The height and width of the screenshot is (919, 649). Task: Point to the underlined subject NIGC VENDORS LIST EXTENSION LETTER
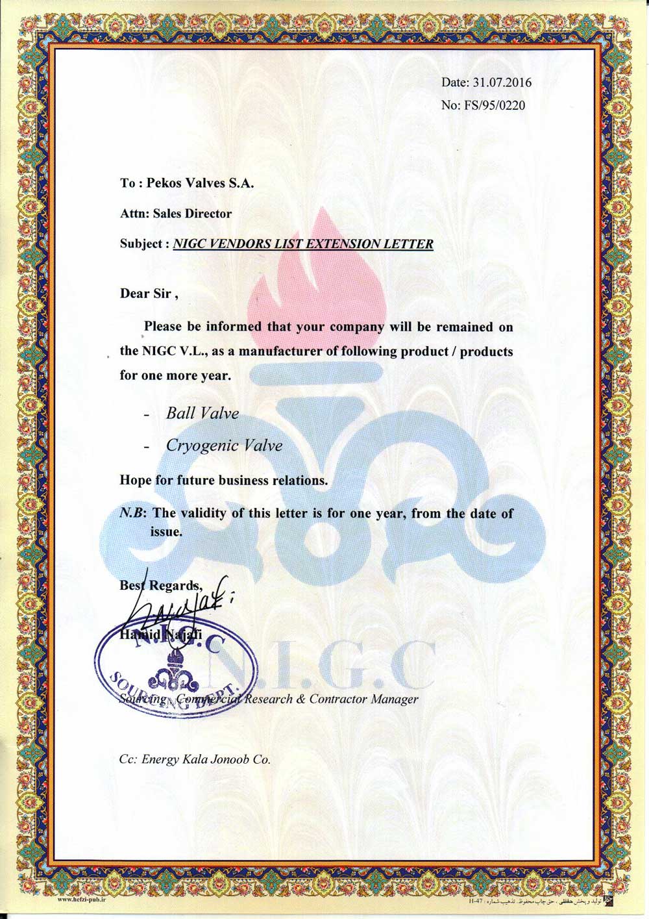(x=304, y=244)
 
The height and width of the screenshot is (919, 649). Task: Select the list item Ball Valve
(x=202, y=413)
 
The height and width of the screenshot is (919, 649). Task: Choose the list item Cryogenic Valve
(x=224, y=446)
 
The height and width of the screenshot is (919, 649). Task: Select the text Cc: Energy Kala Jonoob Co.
(x=195, y=759)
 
